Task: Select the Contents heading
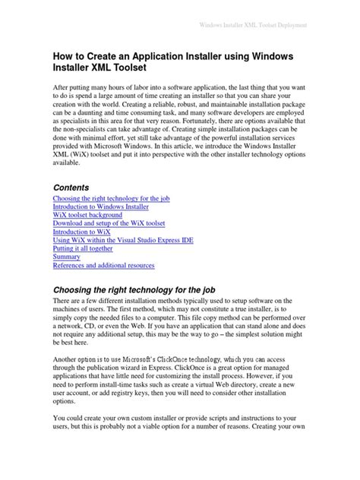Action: (71, 187)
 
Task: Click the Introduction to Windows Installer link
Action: (100, 207)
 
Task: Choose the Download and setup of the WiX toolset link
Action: (109, 223)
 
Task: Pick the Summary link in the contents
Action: (67, 257)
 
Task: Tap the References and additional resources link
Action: (103, 266)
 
